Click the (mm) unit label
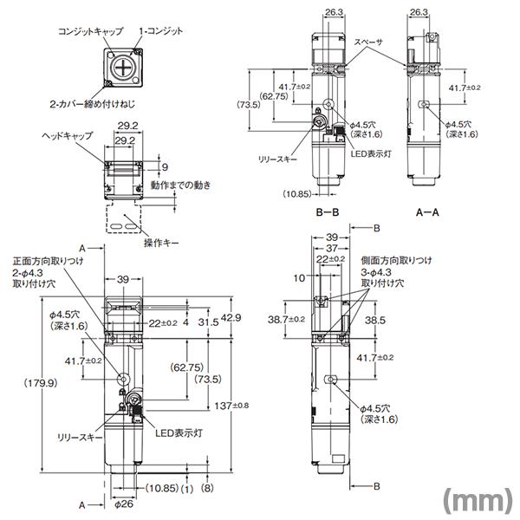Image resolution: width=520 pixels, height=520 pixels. [478, 500]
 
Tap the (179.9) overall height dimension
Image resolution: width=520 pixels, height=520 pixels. [41, 383]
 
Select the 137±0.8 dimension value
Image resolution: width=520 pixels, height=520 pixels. [231, 406]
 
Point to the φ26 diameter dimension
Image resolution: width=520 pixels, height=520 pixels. [124, 504]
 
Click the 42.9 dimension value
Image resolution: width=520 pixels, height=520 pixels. [231, 318]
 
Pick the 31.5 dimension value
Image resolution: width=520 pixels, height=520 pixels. [208, 322]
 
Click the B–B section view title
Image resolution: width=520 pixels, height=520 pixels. [328, 212]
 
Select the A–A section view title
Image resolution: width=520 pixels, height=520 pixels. [427, 212]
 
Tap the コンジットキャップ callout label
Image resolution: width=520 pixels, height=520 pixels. [90, 31]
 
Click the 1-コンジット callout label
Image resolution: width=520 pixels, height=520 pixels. [160, 31]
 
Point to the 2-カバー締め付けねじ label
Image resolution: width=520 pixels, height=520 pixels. [93, 104]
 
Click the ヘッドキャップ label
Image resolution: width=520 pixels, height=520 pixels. [68, 136]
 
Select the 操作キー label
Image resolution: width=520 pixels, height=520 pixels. [161, 243]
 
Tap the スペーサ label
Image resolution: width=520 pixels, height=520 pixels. [367, 42]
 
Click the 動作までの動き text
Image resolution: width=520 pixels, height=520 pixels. [181, 185]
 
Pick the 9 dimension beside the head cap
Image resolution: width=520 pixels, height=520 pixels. [166, 167]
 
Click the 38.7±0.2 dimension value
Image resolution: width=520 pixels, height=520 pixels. [287, 319]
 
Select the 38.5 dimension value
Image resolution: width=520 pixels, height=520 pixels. [375, 320]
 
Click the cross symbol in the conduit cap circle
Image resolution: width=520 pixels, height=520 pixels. [123, 68]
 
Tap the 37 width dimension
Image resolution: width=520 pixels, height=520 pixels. [332, 248]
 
